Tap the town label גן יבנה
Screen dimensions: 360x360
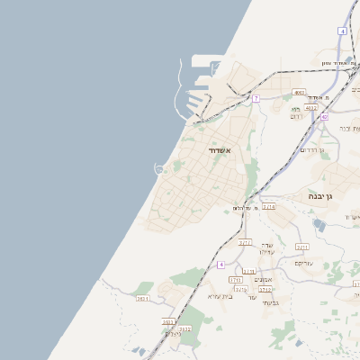pyautogui.click(x=320, y=195)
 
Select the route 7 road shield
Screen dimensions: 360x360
pyautogui.click(x=256, y=98)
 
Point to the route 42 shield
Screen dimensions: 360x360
pyautogui.click(x=324, y=117)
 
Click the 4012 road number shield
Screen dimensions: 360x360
pyautogui.click(x=311, y=108)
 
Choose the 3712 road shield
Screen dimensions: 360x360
pyautogui.click(x=265, y=290)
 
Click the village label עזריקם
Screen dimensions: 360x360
pyautogui.click(x=304, y=263)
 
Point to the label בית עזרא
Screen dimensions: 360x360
pyautogui.click(x=220, y=296)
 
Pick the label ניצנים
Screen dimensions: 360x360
pyautogui.click(x=172, y=334)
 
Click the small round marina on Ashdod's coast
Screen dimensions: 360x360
pyautogui.click(x=160, y=168)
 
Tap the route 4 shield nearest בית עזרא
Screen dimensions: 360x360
pyautogui.click(x=220, y=265)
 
